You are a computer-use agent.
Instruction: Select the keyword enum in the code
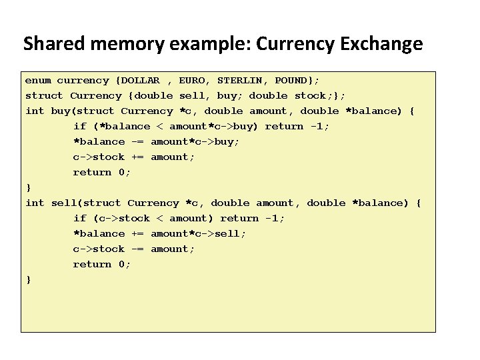[x=38, y=81]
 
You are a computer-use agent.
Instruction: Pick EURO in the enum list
[x=193, y=81]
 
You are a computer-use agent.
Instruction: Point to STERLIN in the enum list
[x=241, y=81]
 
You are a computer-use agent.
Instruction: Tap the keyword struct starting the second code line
[x=44, y=96]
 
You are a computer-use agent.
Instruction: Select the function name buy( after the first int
[x=64, y=111]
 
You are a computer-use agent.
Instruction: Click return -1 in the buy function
[x=297, y=127]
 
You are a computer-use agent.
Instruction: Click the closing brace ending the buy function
[x=28, y=188]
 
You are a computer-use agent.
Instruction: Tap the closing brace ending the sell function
[x=28, y=280]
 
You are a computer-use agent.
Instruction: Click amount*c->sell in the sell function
[x=198, y=234]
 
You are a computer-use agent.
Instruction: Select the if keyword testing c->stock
[x=80, y=219]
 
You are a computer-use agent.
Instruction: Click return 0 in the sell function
[x=102, y=265]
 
